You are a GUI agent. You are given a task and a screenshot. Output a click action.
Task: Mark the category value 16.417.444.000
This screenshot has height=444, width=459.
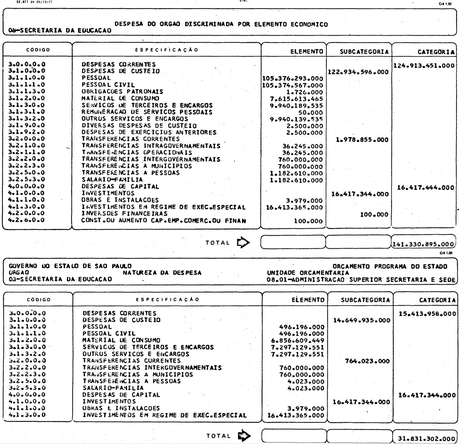[x=425, y=187]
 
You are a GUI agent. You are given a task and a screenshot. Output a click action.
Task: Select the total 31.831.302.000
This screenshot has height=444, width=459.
[x=425, y=435]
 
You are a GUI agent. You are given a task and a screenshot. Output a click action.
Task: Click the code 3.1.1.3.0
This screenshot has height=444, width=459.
[x=27, y=91]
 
